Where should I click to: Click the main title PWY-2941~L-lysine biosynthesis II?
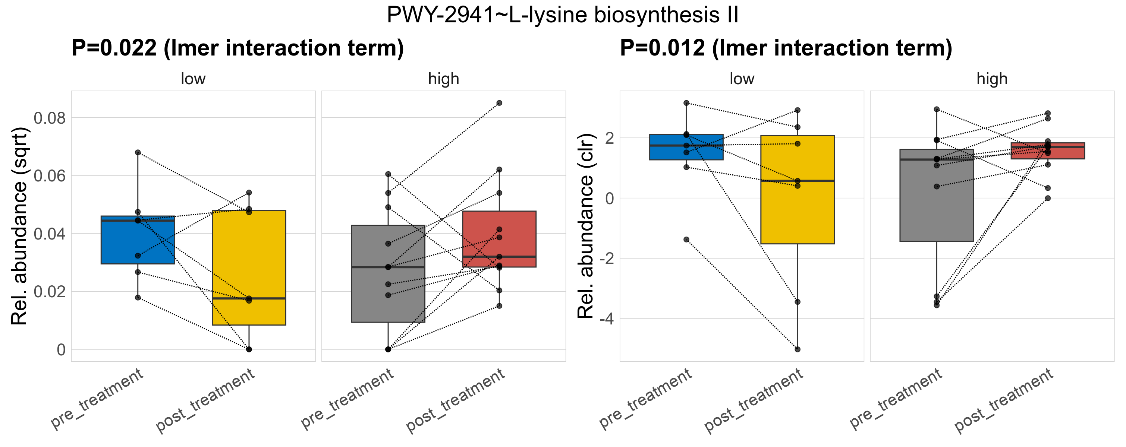tap(563, 15)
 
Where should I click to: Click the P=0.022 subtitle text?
tap(238, 48)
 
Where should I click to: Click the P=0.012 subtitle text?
tap(786, 48)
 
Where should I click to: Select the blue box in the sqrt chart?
tap(138, 240)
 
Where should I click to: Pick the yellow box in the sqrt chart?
tap(249, 267)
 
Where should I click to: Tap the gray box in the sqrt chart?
tap(388, 274)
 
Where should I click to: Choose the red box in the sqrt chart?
tap(499, 239)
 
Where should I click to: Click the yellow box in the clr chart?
tap(797, 190)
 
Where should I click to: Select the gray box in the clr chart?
tap(936, 195)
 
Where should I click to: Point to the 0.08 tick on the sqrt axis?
tap(49, 118)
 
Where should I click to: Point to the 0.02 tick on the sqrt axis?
tap(49, 292)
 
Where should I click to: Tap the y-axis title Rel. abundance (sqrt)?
tap(19, 226)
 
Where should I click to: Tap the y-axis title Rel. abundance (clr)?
tap(586, 226)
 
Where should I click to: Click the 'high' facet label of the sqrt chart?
tap(444, 79)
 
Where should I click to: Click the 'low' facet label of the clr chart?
tap(742, 79)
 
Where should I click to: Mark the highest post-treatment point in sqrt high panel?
tap(499, 103)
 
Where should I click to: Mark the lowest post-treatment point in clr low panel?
tap(797, 349)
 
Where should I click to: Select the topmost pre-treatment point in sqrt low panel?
tap(138, 152)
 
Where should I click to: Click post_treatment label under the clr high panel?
tap(1004, 400)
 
